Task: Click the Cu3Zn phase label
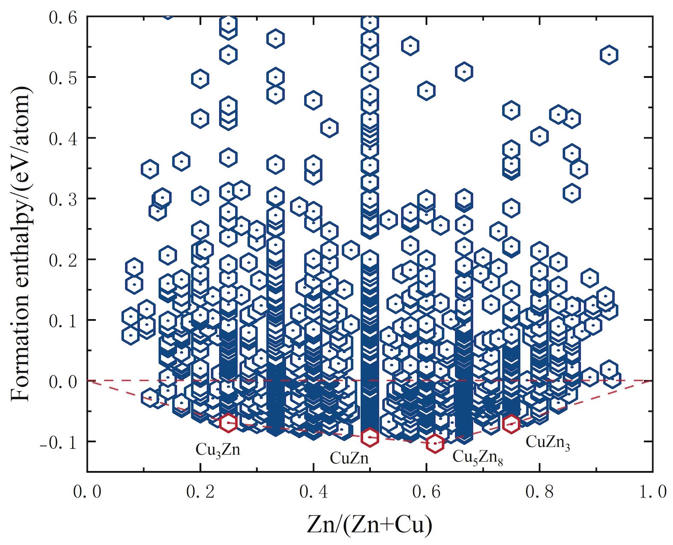pos(218,450)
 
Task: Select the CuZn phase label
pos(349,458)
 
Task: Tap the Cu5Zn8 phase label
pos(477,457)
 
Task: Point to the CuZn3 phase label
pos(547,442)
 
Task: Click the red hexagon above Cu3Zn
pos(229,423)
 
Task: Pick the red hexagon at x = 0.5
pos(370,437)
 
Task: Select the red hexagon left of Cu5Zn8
pos(435,443)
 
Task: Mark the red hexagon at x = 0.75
pos(511,424)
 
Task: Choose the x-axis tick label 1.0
pos(652,492)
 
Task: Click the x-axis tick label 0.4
pos(313,492)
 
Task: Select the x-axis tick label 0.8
pos(539,492)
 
